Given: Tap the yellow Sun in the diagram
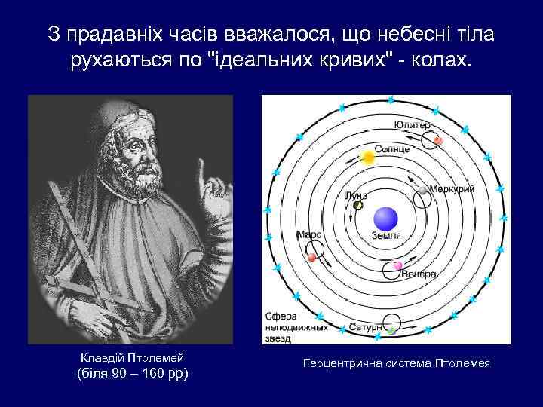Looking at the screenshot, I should click(x=368, y=158).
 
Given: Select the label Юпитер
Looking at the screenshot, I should click(x=412, y=124).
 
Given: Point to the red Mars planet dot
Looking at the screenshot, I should click(x=312, y=258).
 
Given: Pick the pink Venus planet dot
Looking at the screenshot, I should click(x=398, y=266).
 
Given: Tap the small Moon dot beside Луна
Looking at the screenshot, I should click(x=358, y=204).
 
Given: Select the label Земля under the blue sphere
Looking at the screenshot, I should click(x=386, y=236).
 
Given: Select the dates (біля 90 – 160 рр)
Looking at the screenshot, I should click(x=133, y=374).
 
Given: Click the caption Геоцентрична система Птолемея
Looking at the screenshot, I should click(x=396, y=364).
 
